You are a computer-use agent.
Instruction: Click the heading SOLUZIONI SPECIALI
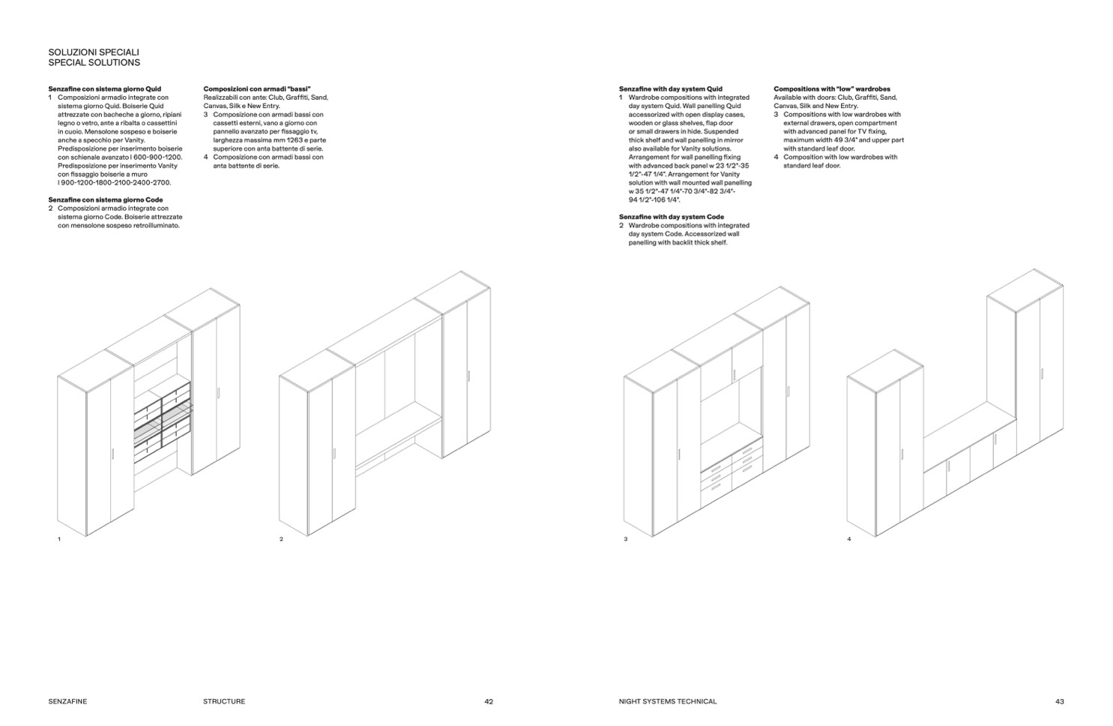[94, 52]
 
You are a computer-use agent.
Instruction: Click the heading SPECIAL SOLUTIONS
[94, 63]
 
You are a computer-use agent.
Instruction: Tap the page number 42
[489, 702]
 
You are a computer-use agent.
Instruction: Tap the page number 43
[1059, 702]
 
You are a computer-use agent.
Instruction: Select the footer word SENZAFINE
[67, 702]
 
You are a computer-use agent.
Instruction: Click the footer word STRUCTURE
[223, 702]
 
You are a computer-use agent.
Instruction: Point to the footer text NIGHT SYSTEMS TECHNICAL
[668, 702]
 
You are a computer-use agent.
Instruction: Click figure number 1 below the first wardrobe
[59, 539]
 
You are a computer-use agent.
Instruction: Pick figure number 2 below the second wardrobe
[281, 539]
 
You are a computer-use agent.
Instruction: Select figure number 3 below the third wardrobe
[625, 539]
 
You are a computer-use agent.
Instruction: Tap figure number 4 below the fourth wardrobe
[848, 539]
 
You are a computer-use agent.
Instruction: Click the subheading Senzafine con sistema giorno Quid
[104, 88]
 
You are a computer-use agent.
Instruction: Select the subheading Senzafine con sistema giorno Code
[105, 199]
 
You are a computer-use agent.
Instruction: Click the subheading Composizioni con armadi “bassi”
[256, 88]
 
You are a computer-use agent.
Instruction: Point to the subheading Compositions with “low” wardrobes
[832, 88]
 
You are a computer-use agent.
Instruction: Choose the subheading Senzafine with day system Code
[672, 217]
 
